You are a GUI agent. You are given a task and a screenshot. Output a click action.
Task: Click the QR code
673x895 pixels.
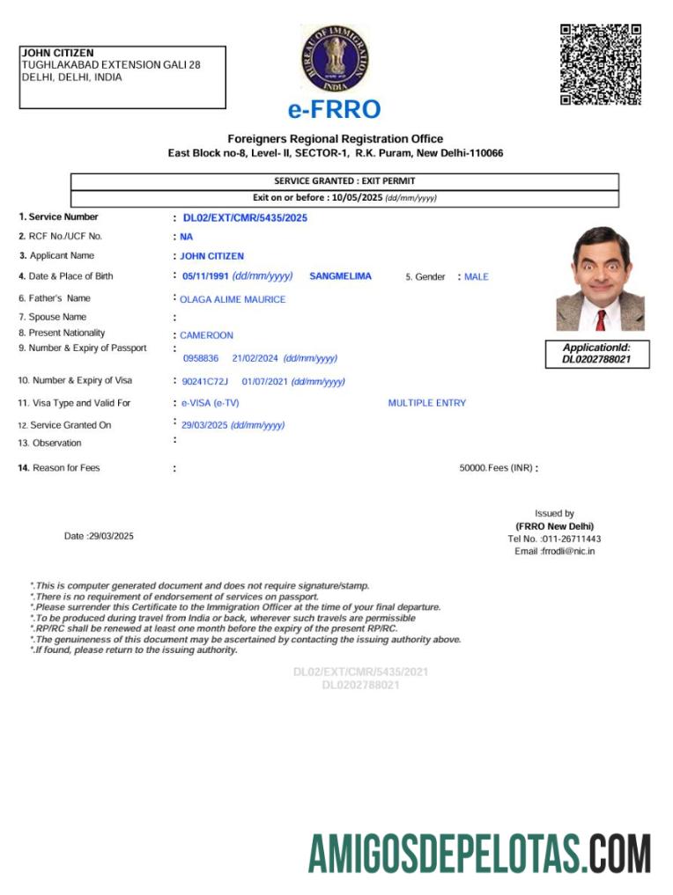click(x=600, y=64)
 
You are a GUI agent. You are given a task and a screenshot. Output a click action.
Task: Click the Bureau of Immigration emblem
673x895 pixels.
click(x=335, y=59)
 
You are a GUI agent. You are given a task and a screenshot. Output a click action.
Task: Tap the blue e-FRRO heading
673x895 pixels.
click(x=335, y=110)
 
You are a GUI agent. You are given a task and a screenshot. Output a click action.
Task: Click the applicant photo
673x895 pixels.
click(x=595, y=279)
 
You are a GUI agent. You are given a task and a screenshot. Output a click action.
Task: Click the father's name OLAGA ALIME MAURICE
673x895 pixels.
click(x=233, y=299)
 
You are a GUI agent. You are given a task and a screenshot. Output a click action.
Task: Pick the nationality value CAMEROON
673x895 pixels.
click(x=207, y=335)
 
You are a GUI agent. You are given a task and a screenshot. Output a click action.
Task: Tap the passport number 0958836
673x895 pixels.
click(x=201, y=358)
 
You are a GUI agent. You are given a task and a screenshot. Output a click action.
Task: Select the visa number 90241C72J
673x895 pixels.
click(x=204, y=381)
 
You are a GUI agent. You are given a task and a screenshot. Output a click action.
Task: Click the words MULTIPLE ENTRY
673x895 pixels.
click(x=427, y=403)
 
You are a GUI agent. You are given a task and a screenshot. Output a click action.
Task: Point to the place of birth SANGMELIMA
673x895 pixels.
click(x=340, y=276)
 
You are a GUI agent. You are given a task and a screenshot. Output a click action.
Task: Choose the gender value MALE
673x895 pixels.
click(x=477, y=277)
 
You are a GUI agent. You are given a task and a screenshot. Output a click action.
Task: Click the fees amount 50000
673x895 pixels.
click(x=472, y=468)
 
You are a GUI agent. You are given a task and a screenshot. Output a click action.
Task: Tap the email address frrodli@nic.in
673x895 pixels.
click(x=568, y=551)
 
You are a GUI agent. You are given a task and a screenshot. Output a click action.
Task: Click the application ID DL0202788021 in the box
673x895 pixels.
click(x=596, y=359)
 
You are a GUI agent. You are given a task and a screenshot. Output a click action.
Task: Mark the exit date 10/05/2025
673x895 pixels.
click(x=356, y=198)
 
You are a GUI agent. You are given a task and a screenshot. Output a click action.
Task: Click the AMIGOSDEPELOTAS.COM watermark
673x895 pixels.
click(x=479, y=854)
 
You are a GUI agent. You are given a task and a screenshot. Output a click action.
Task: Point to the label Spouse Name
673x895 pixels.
click(x=57, y=317)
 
